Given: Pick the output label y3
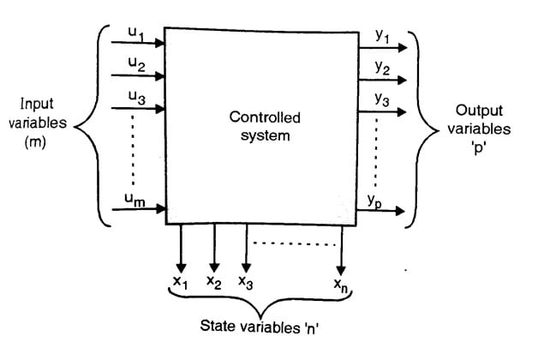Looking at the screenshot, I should (381, 100).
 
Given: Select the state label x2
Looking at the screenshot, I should (214, 281).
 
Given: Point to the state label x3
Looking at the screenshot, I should (246, 281).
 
